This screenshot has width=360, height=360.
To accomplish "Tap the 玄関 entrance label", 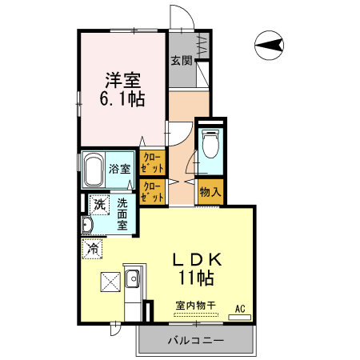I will (182, 60).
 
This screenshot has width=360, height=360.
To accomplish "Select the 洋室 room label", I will (122, 80).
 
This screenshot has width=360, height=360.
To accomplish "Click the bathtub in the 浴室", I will (93, 169).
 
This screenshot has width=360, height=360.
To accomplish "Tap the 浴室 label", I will (121, 169).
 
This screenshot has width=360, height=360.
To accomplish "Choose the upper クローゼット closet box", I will (153, 163).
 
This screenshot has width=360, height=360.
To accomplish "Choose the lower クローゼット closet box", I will (153, 191).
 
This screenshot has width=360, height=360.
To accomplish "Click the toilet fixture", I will (210, 146).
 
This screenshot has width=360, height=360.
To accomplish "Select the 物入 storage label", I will (210, 192).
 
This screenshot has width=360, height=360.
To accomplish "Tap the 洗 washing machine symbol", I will (98, 205).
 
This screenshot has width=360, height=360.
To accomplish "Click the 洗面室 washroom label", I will (123, 214).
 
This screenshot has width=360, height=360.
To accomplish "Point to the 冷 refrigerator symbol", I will (93, 249).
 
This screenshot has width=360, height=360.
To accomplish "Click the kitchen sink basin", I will (132, 280).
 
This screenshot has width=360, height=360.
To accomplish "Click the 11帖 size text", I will (195, 279).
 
